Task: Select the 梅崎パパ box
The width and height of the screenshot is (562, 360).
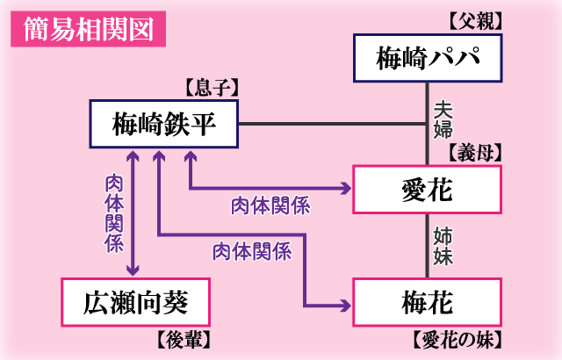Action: (427, 58)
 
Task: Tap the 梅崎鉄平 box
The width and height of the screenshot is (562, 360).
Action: (164, 124)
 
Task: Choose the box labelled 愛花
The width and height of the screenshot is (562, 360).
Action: (427, 189)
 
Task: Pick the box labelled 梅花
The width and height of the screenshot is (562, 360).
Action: (427, 303)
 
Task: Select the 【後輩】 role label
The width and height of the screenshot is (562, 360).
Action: (182, 340)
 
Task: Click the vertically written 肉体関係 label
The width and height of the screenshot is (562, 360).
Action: (114, 213)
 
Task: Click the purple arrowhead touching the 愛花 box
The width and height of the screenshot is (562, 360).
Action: (344, 188)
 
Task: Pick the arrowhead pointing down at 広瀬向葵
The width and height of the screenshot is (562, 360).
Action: (133, 270)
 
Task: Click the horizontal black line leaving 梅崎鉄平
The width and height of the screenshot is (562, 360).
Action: (334, 124)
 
